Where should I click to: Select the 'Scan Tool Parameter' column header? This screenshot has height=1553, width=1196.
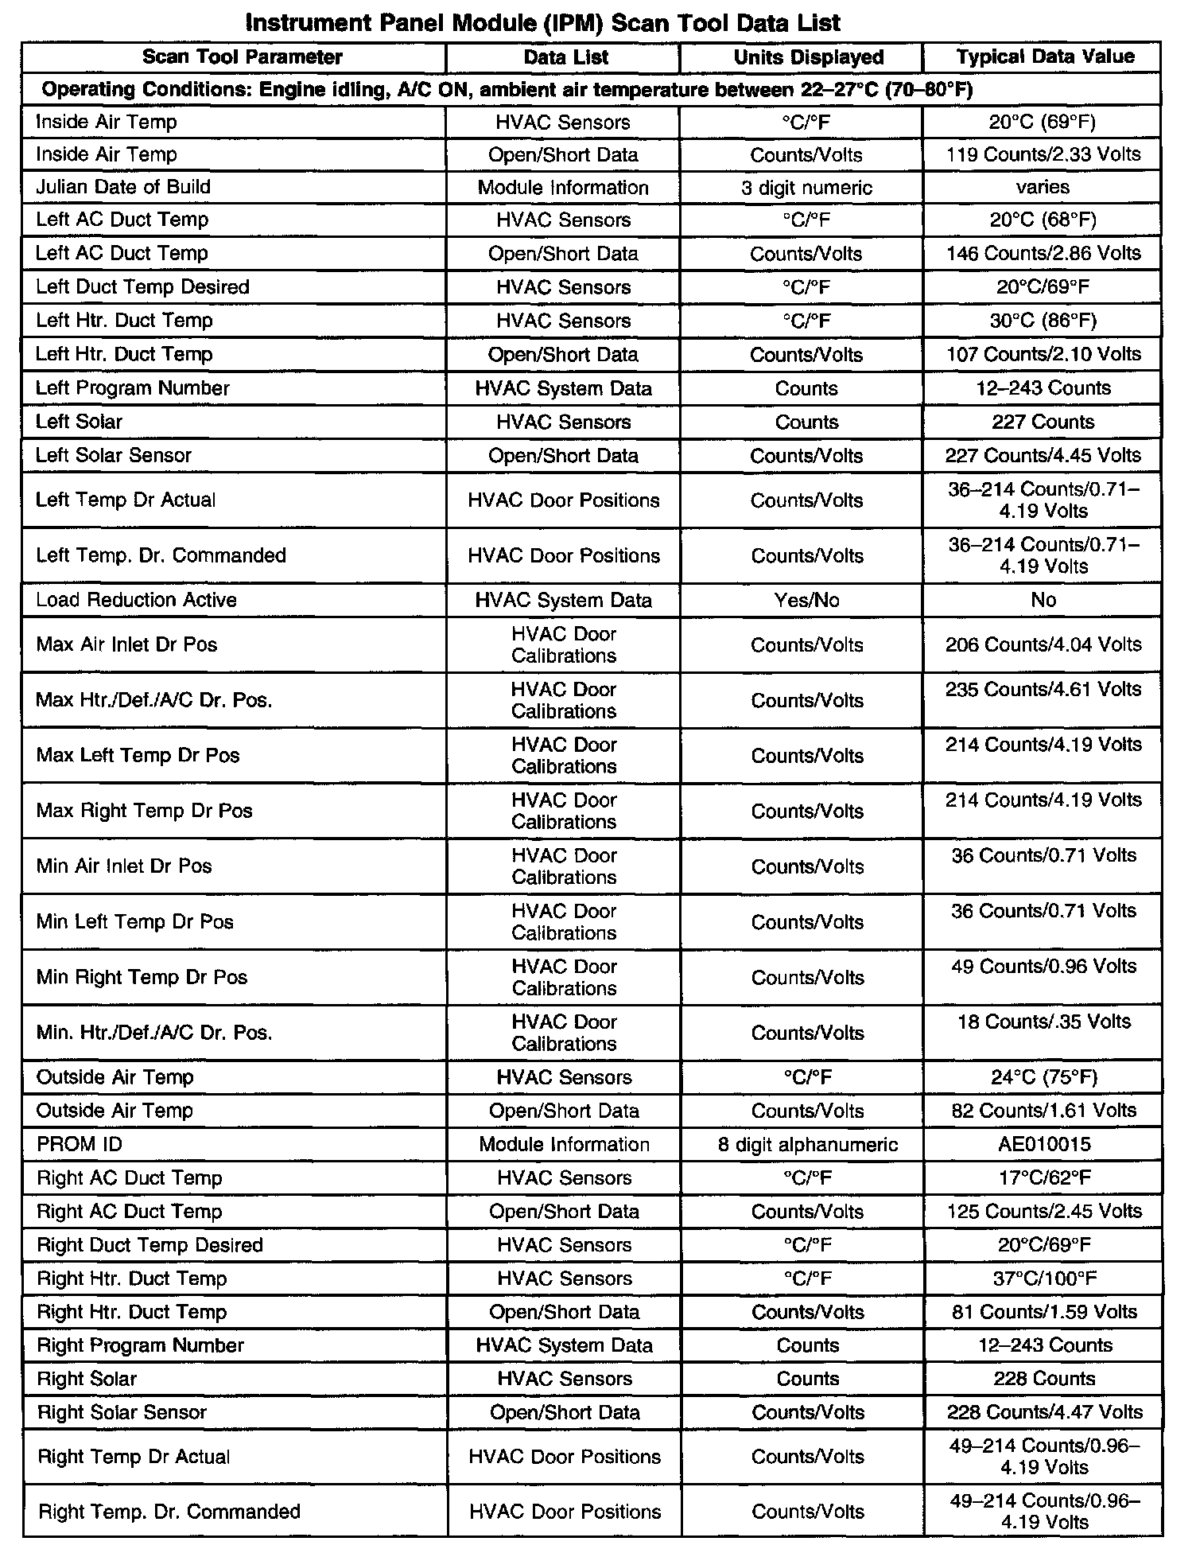[x=243, y=57]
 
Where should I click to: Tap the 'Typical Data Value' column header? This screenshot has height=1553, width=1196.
[x=1045, y=56]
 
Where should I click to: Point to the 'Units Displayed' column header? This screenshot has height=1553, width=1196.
[x=808, y=57]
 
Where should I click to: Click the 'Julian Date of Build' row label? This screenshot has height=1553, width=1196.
[x=123, y=187]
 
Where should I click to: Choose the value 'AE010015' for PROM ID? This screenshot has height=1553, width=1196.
[x=1044, y=1144]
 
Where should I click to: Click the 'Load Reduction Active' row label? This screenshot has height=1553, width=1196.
[x=136, y=600]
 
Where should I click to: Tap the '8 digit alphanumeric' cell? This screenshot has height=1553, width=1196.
[x=807, y=1144]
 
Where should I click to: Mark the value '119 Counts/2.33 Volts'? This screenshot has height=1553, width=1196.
[x=1043, y=154]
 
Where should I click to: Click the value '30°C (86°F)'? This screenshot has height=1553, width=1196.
[x=1043, y=321]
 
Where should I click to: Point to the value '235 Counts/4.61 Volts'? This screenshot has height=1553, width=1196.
[x=1043, y=689]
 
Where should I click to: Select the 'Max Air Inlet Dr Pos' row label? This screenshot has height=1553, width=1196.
[x=126, y=644]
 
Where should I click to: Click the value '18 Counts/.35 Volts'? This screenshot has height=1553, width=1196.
[x=1043, y=1022]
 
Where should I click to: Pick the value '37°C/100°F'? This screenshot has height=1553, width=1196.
[x=1045, y=1279]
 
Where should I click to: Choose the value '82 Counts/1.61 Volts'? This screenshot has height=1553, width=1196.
[x=1044, y=1111]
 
